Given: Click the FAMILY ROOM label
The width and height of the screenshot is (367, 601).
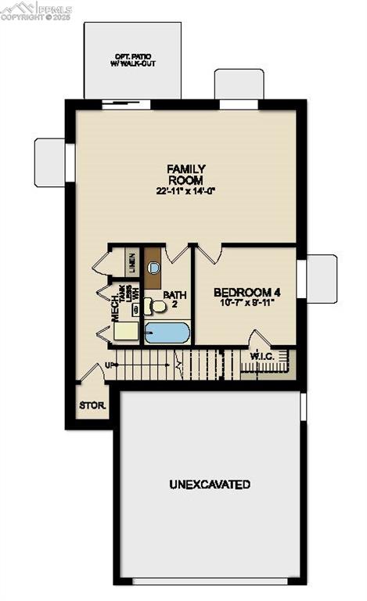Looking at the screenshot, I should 186,174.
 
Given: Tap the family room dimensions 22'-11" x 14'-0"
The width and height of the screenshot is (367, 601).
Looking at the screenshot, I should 186,191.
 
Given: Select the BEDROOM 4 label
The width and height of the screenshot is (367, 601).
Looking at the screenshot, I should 246,292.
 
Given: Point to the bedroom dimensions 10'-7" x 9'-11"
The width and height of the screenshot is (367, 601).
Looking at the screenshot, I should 246,303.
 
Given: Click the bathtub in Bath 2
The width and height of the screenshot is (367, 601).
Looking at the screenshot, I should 167,333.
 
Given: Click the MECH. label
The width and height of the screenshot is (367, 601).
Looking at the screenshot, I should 114,308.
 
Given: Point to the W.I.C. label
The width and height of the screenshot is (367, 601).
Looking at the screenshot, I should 261,358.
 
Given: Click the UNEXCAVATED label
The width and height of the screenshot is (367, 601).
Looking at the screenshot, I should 210,484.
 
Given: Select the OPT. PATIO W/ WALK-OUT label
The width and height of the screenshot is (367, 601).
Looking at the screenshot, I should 135,60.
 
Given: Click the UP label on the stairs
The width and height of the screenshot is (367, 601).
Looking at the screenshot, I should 110,365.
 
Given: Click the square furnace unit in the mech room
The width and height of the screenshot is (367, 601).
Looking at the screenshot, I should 126,331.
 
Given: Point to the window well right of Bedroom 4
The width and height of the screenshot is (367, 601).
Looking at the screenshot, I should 322,278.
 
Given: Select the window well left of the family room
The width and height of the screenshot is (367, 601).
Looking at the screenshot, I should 49,162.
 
